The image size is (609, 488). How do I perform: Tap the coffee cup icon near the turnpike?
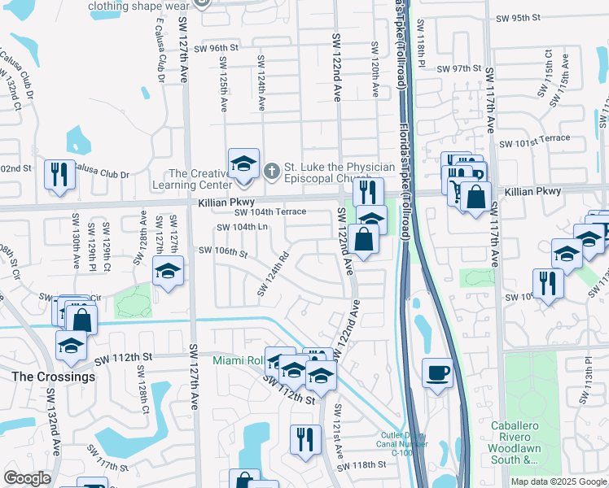[x=438, y=373]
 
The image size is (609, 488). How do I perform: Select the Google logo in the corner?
[x=27, y=478]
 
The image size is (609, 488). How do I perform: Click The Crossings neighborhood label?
[x=53, y=377]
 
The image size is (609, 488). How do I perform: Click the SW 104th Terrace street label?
[x=270, y=211]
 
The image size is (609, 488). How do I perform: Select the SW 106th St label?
[x=223, y=252]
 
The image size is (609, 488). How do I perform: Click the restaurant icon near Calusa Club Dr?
[x=59, y=176]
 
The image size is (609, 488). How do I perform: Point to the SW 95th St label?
[x=539, y=17]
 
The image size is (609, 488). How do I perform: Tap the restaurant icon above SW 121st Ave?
[x=300, y=438]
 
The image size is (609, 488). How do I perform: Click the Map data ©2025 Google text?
[x=559, y=481]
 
